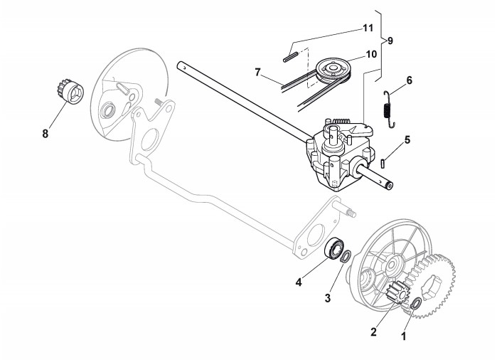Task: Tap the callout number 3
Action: pyautogui.click(x=328, y=299)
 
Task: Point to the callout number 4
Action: pyautogui.click(x=298, y=282)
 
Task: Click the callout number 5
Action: pyautogui.click(x=407, y=140)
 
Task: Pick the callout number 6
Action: pyautogui.click(x=409, y=81)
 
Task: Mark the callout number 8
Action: pyautogui.click(x=46, y=133)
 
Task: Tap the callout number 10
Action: pyautogui.click(x=371, y=53)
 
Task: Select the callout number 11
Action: pyautogui.click(x=368, y=28)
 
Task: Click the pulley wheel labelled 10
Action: pyautogui.click(x=331, y=70)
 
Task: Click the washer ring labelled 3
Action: pyautogui.click(x=346, y=258)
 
